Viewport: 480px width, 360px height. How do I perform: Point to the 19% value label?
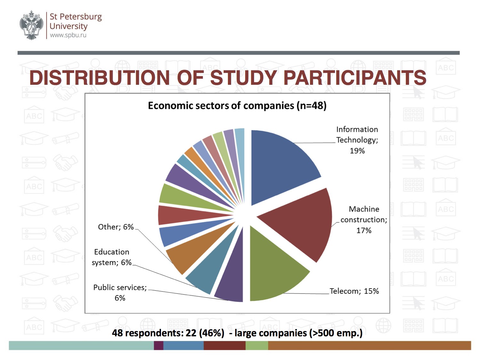click(x=357, y=151)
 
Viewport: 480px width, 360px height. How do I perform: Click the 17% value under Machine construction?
click(x=364, y=230)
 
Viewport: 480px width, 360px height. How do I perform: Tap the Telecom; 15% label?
click(x=354, y=291)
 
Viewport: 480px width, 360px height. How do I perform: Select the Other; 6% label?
click(x=116, y=227)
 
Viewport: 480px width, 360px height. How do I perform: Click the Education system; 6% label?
click(x=112, y=257)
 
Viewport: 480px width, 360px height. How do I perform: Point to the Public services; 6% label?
click(x=120, y=292)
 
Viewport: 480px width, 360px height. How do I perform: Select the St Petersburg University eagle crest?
click(x=31, y=25)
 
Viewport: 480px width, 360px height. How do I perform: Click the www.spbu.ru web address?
click(x=68, y=35)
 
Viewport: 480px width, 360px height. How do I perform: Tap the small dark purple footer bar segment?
click(x=158, y=345)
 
